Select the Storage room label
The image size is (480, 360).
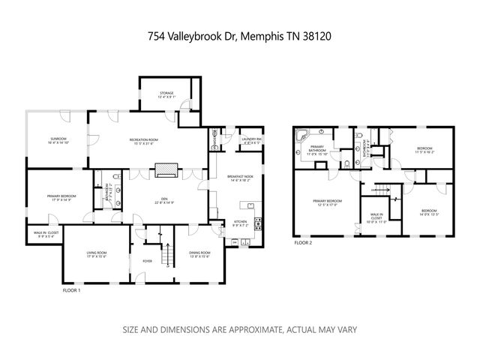coord(166,94)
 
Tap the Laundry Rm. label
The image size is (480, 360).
coord(250,139)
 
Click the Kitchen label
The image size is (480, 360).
coord(240,223)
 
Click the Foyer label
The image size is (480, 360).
coord(147,260)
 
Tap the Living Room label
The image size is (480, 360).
coord(95,253)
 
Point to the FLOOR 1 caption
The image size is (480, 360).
coord(71,289)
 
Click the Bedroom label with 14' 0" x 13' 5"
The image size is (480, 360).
coord(428,211)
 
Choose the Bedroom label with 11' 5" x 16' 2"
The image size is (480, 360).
coord(424,149)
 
